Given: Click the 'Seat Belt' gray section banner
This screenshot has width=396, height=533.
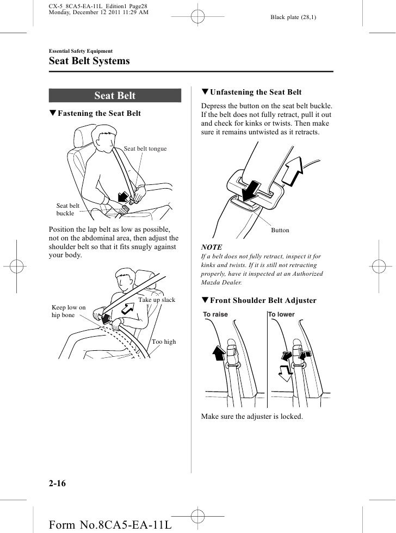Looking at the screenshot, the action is click(115, 96).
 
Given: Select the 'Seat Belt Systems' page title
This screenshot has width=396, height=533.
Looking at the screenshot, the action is click(89, 61).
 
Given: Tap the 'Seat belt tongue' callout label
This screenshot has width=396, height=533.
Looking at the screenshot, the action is click(145, 148).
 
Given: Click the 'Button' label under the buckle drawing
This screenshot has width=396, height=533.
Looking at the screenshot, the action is click(280, 231).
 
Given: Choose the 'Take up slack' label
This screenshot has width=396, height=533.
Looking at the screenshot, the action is click(157, 300).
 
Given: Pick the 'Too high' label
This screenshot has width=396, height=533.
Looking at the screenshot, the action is click(164, 342).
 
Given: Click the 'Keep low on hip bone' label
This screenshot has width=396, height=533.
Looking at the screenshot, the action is click(69, 312).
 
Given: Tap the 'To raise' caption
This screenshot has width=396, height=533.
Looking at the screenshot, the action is click(215, 314).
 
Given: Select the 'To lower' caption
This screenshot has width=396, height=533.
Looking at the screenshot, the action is click(281, 314).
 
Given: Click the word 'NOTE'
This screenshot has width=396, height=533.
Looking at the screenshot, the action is click(212, 246).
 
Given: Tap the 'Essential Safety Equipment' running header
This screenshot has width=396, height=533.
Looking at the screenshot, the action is click(81, 51).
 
